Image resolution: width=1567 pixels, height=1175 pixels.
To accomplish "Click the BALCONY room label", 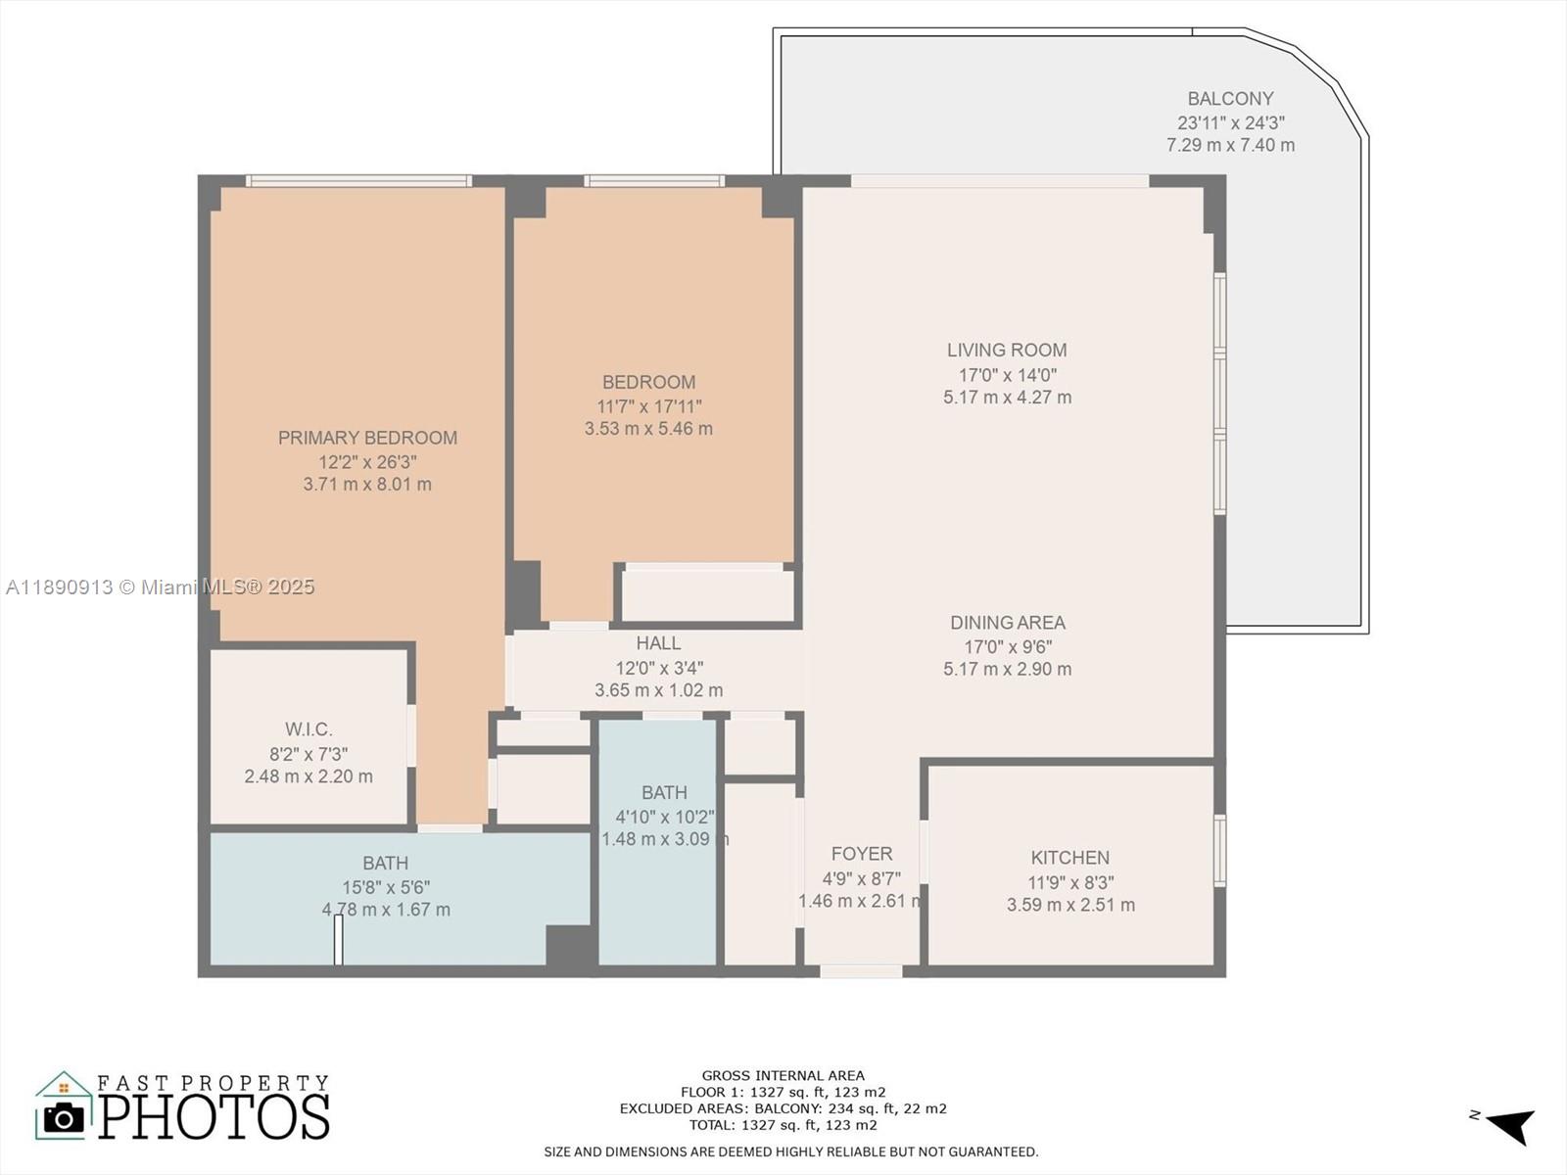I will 1230,99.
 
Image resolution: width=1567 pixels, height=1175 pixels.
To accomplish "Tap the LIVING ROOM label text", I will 1007,350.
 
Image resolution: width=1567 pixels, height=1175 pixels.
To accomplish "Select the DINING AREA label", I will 1007,623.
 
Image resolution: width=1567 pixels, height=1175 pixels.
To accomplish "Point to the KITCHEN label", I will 1069,858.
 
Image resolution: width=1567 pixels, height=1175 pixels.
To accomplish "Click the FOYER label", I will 861,854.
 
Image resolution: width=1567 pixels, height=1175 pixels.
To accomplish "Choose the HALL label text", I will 658,643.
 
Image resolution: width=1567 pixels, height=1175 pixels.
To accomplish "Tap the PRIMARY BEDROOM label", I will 367,438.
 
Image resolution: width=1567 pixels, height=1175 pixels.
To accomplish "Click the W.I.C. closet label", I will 309,729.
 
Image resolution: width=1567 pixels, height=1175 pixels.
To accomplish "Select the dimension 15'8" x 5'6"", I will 385,887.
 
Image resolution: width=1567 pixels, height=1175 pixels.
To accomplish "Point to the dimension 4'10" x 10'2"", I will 664,817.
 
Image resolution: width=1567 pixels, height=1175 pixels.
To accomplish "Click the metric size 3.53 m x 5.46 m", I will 648,429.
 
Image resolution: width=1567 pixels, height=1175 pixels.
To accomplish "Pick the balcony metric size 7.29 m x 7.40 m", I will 1230,145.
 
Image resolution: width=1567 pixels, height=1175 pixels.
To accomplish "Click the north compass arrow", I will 1511,1125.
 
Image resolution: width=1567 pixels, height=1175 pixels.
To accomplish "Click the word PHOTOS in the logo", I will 214,1117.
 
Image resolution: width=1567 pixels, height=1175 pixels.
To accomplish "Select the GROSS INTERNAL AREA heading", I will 783,1075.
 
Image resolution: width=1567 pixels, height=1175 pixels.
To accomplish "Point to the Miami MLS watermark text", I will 160,587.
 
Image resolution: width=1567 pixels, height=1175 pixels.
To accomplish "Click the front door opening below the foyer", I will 861,971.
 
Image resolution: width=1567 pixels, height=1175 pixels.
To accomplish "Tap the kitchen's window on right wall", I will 1219,851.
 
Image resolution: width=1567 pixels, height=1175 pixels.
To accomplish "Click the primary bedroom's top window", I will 358,180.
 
